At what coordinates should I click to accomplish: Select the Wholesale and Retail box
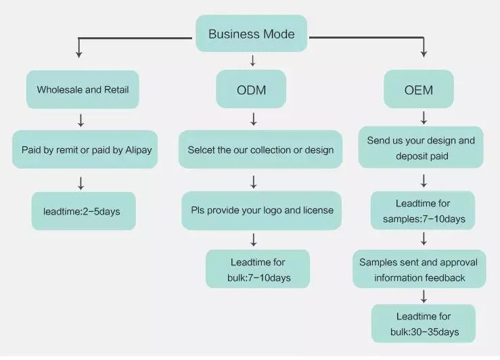click(x=83, y=89)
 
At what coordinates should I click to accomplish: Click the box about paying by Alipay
click(x=85, y=150)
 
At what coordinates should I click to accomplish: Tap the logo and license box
click(x=262, y=210)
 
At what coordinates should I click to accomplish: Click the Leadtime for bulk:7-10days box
click(x=258, y=269)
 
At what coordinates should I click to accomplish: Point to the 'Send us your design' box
click(x=421, y=148)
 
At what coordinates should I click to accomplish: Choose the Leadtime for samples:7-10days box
click(x=423, y=211)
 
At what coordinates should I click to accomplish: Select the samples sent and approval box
click(x=419, y=269)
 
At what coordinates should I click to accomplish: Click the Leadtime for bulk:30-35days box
click(x=423, y=323)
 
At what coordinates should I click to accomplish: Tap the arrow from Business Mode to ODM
click(x=252, y=61)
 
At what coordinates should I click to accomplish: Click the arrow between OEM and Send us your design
click(x=424, y=118)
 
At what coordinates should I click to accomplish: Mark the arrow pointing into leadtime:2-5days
click(x=81, y=183)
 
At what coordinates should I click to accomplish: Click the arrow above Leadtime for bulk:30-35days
click(x=424, y=296)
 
